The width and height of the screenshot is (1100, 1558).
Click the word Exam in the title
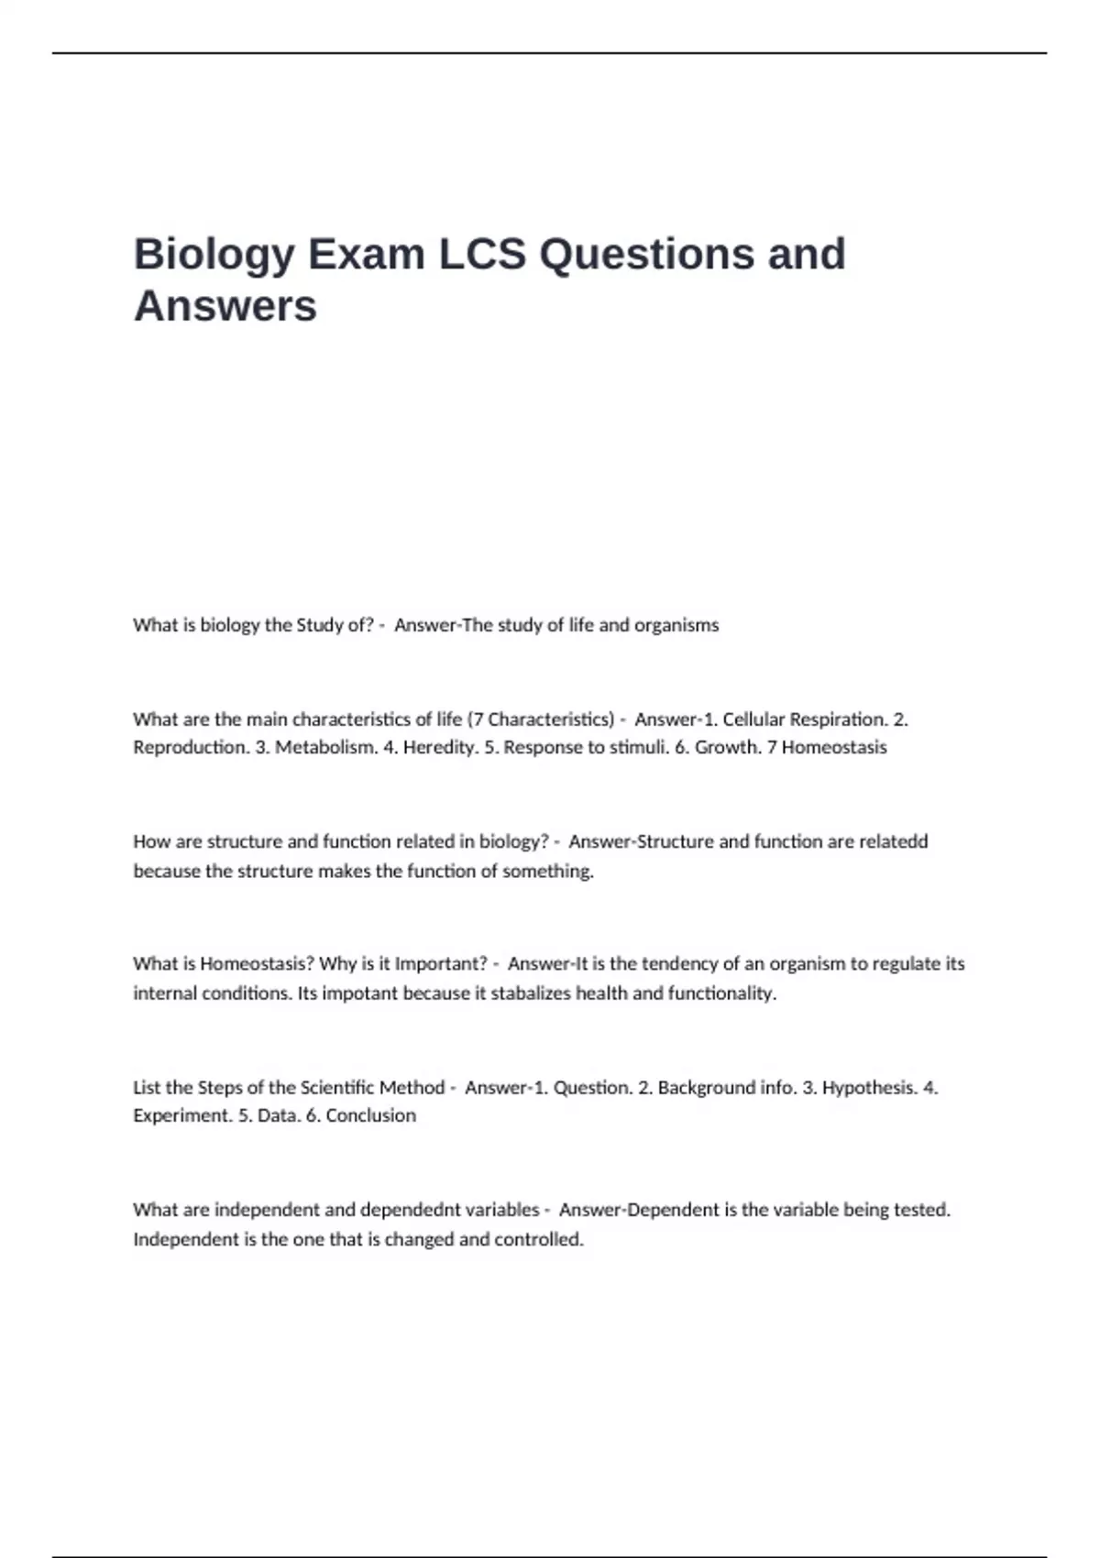pos(367,254)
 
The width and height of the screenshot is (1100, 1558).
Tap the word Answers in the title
pos(225,306)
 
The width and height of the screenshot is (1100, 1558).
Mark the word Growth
pos(725,748)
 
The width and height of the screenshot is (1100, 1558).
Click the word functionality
pos(721,993)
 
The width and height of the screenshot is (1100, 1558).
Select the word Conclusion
pos(370,1116)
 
